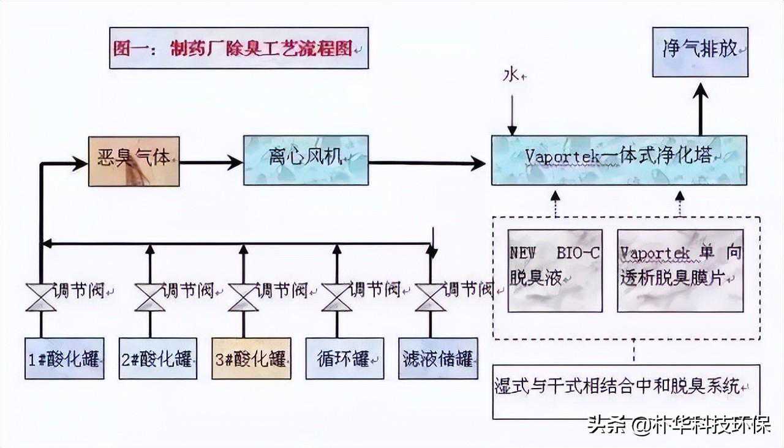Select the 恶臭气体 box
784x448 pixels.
point(134,161)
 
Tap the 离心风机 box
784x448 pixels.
point(306,160)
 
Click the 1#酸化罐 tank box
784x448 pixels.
point(64,358)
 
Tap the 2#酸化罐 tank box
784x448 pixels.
point(158,358)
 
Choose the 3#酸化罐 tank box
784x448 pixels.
point(251,358)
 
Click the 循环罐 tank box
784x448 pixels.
point(345,358)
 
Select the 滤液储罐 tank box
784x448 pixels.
point(438,358)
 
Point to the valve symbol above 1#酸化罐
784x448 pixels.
point(41,297)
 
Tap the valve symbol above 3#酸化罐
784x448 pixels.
point(243,297)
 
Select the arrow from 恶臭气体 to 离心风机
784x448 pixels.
point(211,162)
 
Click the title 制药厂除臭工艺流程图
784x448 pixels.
point(238,48)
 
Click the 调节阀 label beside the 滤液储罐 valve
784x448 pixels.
point(468,289)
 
